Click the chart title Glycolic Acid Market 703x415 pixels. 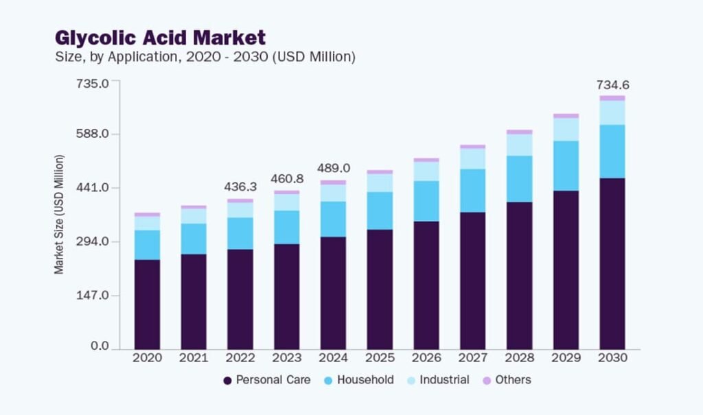[160, 36]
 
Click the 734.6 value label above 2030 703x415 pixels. [612, 85]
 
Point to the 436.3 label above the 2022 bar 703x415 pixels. [240, 187]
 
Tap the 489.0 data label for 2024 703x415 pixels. [333, 168]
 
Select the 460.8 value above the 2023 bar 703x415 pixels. [286, 179]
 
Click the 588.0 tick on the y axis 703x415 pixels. [92, 134]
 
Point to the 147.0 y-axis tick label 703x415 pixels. [92, 296]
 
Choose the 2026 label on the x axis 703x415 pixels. [426, 358]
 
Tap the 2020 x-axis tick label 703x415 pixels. [147, 358]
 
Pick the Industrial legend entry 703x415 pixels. [437, 380]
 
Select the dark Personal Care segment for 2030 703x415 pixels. [612, 264]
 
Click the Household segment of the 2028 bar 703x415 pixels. [519, 179]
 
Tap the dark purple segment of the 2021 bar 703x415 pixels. [194, 302]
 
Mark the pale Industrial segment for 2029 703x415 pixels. [566, 130]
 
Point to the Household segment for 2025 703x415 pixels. [380, 211]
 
